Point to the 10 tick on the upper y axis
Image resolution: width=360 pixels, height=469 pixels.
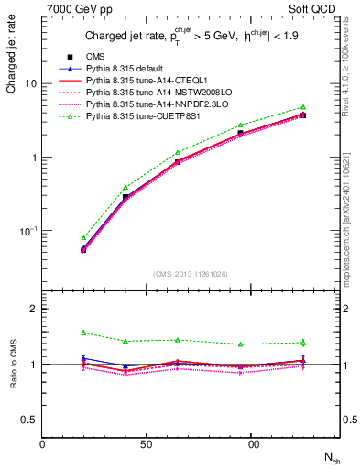[x=32, y=83]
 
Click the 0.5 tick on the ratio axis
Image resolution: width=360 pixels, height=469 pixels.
[x=29, y=420]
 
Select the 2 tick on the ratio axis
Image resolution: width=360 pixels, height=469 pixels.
[x=34, y=309]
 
